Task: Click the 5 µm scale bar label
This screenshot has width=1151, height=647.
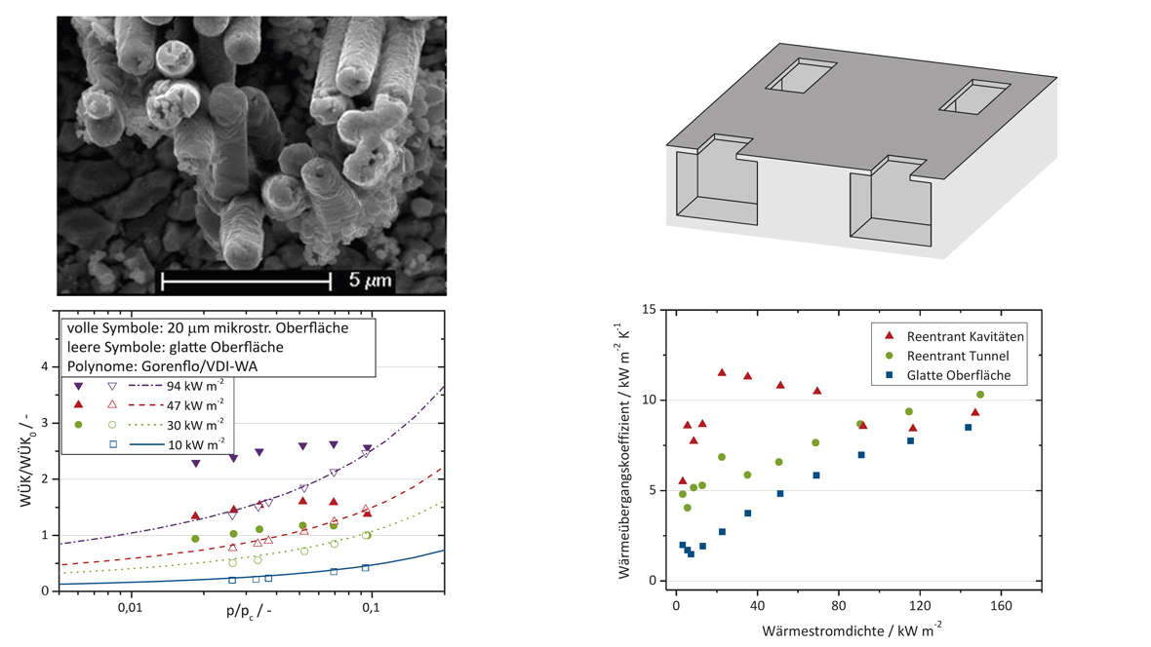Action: pyautogui.click(x=372, y=281)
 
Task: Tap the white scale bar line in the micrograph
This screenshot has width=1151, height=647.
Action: pyautogui.click(x=246, y=282)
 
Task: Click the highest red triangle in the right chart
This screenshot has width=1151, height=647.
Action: pyautogui.click(x=722, y=372)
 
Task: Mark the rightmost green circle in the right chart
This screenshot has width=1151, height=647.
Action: pyautogui.click(x=980, y=395)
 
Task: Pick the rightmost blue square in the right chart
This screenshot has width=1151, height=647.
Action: pyautogui.click(x=969, y=427)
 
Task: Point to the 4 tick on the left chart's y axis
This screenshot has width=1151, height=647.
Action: pyautogui.click(x=43, y=366)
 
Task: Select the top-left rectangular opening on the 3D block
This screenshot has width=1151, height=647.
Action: pyautogui.click(x=800, y=75)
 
